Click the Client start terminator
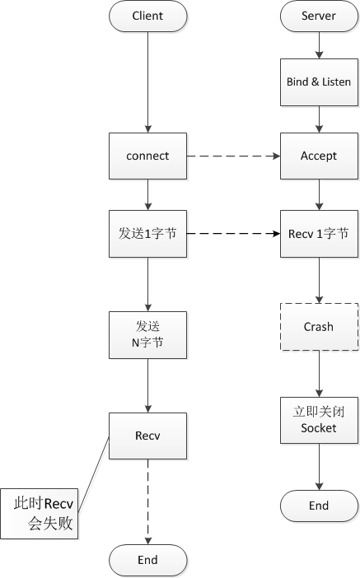point(148,16)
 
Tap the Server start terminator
point(319,16)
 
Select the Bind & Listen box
point(319,82)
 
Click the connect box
point(148,156)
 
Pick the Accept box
point(319,156)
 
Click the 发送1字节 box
point(148,234)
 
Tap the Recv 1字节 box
point(319,234)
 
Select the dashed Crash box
point(319,327)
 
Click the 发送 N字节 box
point(148,335)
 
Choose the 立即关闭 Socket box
point(319,420)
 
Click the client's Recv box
point(148,436)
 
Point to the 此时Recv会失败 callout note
point(39,514)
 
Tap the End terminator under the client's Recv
point(148,560)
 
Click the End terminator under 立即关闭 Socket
point(319,506)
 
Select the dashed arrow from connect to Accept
point(233,156)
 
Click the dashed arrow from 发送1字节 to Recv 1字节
point(233,233)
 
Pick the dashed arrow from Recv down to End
point(148,501)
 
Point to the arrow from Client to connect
point(148,82)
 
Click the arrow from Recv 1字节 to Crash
point(319,280)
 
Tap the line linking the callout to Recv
point(94,474)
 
